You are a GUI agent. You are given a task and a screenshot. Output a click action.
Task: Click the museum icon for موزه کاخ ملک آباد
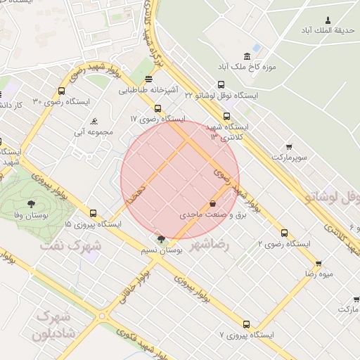[x=246, y=56]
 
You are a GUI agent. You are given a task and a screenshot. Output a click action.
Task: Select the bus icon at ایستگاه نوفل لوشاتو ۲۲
[x=221, y=85]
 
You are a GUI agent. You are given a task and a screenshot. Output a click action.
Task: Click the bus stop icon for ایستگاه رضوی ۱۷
[x=157, y=109]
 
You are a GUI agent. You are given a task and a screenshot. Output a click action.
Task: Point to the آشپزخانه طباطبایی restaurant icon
[x=148, y=79]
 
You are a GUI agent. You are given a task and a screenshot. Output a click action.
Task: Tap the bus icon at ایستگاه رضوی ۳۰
[x=62, y=91]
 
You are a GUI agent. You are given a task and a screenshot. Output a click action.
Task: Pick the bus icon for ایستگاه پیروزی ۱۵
[x=94, y=213]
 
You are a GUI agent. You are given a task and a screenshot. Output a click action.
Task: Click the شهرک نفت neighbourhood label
[x=70, y=246]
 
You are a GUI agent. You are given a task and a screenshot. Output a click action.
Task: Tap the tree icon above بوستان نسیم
[x=162, y=240]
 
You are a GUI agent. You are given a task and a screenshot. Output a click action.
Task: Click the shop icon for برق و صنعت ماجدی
[x=212, y=203]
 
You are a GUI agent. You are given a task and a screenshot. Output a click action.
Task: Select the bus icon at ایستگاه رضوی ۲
[x=284, y=233]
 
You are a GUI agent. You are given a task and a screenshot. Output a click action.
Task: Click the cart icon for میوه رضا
[x=319, y=264]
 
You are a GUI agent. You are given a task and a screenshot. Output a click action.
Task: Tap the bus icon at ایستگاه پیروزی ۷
[x=246, y=324]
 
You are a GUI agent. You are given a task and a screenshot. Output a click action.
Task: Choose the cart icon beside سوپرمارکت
[x=290, y=147]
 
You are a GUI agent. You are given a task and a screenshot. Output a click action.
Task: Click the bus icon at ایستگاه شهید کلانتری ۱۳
[x=226, y=117]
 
